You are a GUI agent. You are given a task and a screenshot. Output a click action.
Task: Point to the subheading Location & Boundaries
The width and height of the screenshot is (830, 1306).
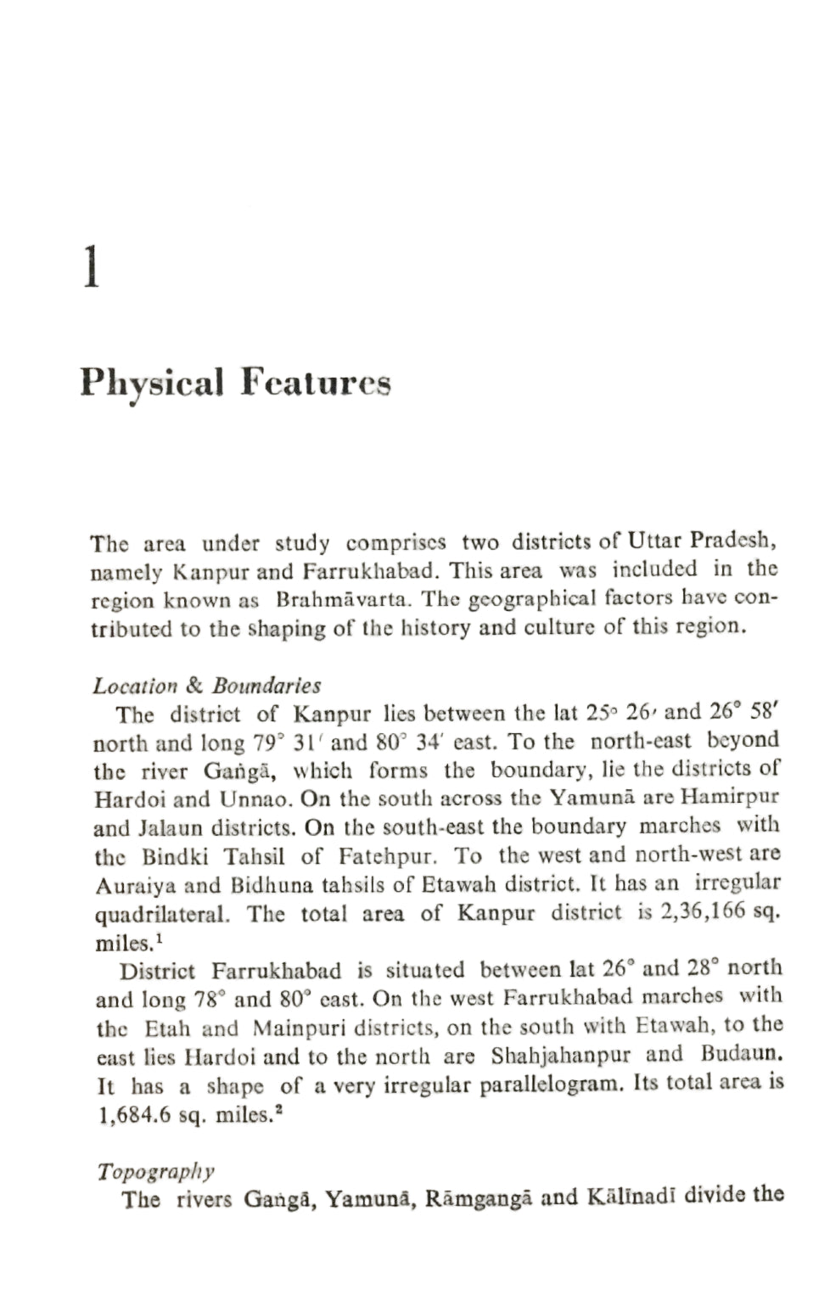click(206, 685)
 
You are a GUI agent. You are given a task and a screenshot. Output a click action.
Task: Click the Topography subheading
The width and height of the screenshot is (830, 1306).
click(155, 1172)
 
